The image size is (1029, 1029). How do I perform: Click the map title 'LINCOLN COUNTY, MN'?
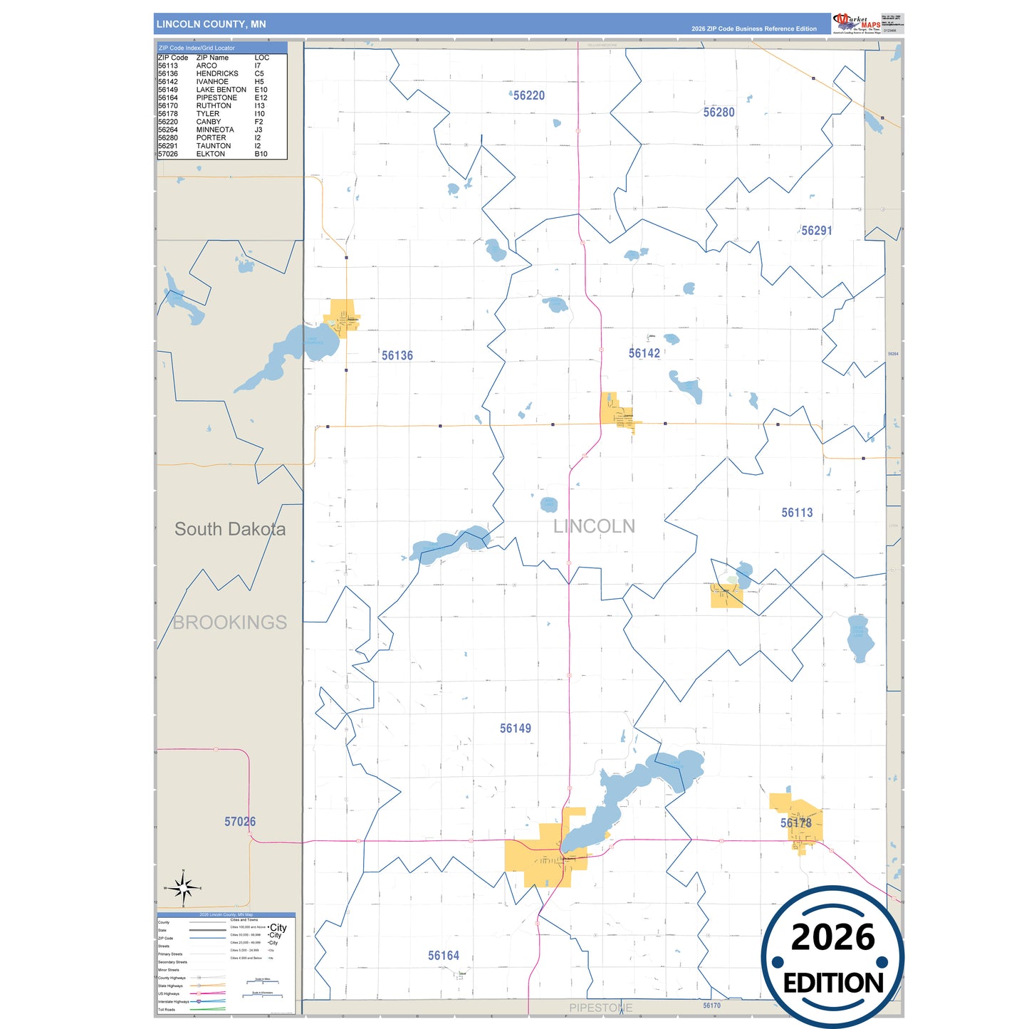click(x=211, y=24)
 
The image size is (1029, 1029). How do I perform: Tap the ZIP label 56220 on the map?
click(x=529, y=95)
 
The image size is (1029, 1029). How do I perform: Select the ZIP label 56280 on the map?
click(x=719, y=113)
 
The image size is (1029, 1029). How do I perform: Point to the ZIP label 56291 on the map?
click(x=817, y=231)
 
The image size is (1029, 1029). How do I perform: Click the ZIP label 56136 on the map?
click(x=397, y=355)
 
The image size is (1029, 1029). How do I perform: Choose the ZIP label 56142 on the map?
click(x=644, y=353)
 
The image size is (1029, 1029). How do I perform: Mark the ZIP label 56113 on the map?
click(x=797, y=513)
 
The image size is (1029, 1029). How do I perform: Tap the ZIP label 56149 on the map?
click(x=515, y=728)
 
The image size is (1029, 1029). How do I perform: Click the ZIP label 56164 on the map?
click(x=444, y=956)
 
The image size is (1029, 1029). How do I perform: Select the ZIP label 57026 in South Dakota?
click(x=240, y=822)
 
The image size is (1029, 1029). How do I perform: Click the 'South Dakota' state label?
click(x=230, y=529)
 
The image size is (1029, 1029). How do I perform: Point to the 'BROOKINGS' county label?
click(x=230, y=622)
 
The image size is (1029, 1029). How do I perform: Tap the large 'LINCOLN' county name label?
click(x=594, y=526)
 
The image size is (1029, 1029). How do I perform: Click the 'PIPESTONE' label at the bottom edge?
click(x=600, y=1008)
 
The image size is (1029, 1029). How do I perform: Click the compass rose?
click(x=184, y=888)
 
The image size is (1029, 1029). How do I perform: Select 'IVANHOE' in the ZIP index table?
click(x=212, y=82)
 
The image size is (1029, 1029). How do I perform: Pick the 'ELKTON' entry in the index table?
click(x=211, y=154)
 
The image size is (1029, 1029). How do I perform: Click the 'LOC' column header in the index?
click(x=262, y=58)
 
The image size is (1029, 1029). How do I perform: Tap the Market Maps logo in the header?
click(x=856, y=23)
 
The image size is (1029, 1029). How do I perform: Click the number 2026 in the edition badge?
click(x=832, y=938)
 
